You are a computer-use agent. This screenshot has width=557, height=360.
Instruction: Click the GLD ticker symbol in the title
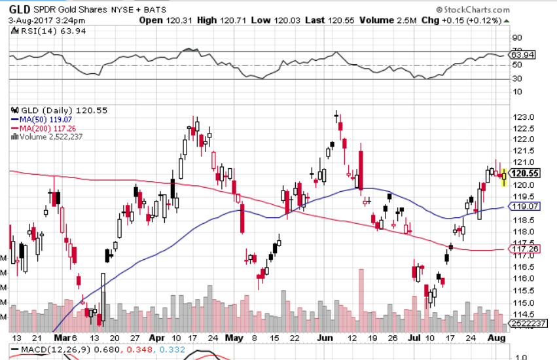[20, 9]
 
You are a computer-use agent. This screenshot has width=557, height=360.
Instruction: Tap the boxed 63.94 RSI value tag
[524, 55]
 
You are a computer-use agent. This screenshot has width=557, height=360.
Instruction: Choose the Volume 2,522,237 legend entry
[47, 137]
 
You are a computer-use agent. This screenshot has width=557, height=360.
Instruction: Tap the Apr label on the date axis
[156, 338]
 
